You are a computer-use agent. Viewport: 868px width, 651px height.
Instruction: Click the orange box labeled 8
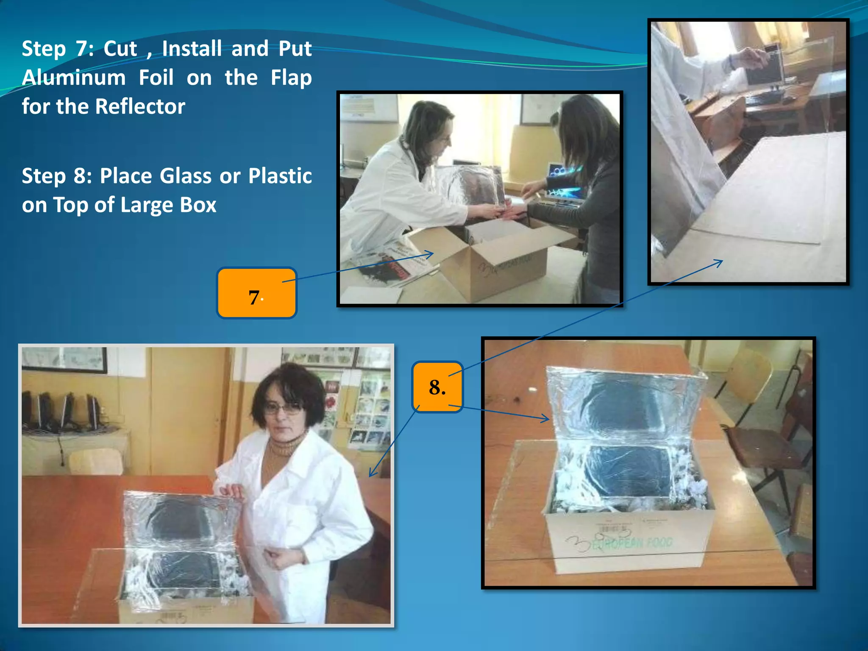437,387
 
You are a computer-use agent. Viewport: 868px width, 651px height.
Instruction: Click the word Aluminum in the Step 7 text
74,78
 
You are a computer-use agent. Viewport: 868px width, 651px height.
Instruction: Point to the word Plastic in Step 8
280,176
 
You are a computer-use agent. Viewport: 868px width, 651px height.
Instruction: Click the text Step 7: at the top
58,49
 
